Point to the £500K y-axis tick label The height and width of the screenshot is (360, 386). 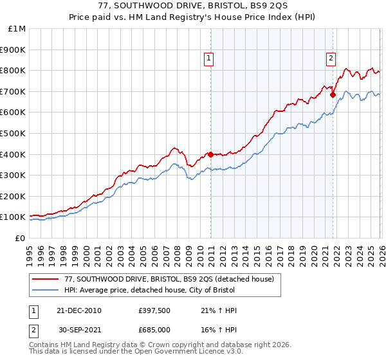pyautogui.click(x=13, y=133)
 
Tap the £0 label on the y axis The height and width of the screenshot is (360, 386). pyautogui.click(x=21, y=238)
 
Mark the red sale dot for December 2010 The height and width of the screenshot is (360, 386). pyautogui.click(x=210, y=154)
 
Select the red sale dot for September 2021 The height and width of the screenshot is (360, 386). pyautogui.click(x=333, y=94)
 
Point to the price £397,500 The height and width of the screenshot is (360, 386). pyautogui.click(x=154, y=310)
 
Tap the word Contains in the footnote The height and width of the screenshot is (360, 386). pyautogui.click(x=46, y=346)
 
